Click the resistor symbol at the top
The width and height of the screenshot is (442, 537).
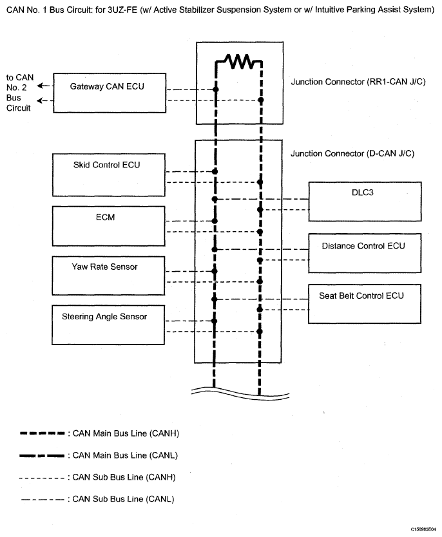(x=239, y=61)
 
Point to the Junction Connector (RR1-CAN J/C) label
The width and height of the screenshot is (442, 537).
(x=358, y=82)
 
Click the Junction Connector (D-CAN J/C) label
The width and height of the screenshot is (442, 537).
(x=352, y=153)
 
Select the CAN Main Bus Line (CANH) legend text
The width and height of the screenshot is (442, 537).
(x=126, y=433)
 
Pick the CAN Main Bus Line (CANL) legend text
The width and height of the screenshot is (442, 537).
(x=125, y=455)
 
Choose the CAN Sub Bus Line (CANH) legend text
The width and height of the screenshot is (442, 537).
(x=124, y=477)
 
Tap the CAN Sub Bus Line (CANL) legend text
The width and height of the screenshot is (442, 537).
(x=123, y=499)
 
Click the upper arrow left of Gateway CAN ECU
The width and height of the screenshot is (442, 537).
(x=43, y=86)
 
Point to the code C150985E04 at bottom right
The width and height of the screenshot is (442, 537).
(x=423, y=529)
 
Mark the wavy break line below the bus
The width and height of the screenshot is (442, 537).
(x=240, y=393)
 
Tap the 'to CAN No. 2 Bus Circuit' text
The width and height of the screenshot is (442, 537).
(x=20, y=93)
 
